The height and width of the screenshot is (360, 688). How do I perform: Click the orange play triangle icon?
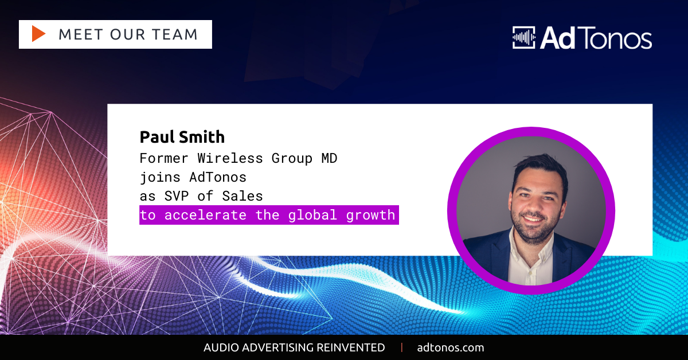point(38,34)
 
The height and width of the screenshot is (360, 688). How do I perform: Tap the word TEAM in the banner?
point(175,34)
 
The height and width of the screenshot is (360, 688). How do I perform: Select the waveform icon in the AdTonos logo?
point(523,37)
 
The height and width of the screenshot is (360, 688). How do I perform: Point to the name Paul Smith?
point(182,137)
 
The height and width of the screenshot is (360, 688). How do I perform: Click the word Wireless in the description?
point(230,158)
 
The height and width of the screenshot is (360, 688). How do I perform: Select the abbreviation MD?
point(329,158)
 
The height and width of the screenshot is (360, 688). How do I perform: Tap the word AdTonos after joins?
point(218,177)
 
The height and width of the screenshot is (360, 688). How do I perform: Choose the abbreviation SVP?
point(177,196)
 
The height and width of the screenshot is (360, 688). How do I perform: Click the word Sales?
point(243,196)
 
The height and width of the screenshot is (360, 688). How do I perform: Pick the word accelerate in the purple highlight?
point(205,215)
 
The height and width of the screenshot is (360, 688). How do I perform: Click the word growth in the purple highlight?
point(370,216)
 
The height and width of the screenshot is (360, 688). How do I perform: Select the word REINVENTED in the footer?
point(350,348)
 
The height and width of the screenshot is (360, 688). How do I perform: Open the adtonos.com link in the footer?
point(451,348)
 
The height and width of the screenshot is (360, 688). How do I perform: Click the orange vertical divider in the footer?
point(402,347)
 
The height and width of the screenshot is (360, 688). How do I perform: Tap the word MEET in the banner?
point(81,34)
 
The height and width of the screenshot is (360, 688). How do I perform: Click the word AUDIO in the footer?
point(221,348)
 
